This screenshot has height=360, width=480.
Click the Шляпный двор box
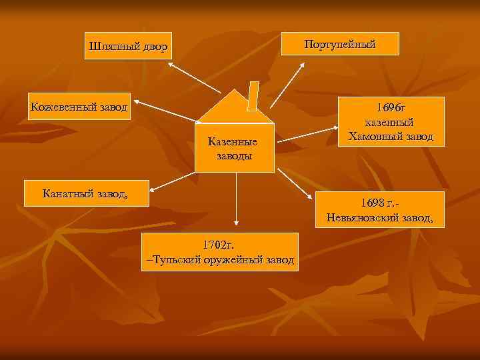[128, 46]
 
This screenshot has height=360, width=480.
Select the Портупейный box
[340, 44]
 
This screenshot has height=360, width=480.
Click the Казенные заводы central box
[235, 147]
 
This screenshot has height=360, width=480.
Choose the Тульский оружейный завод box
[220, 252]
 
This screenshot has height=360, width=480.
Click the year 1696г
[391, 107]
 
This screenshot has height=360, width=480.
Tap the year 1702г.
[220, 245]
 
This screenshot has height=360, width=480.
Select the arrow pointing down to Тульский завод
[235, 200]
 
